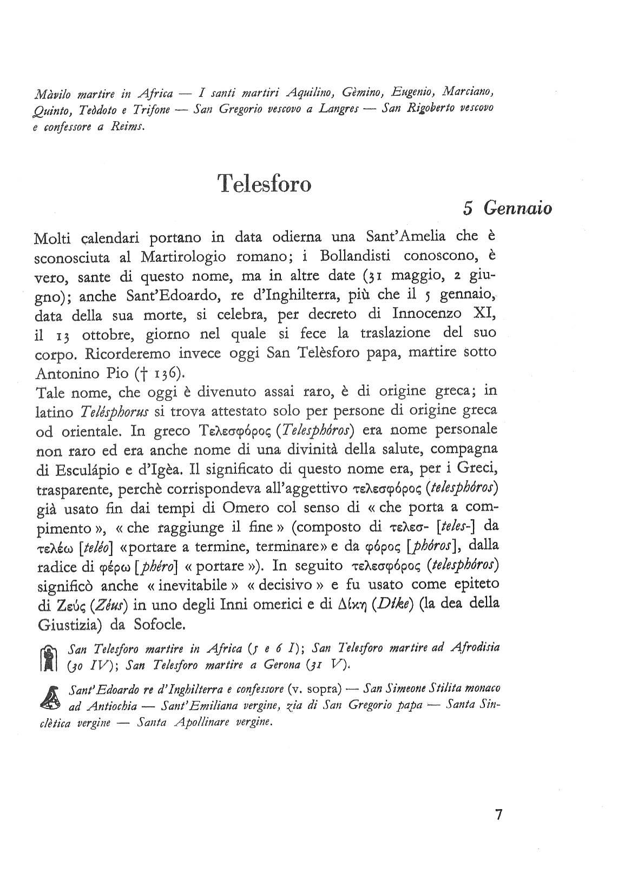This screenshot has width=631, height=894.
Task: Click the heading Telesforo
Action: point(264,184)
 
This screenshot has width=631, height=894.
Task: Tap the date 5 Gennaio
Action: point(507,208)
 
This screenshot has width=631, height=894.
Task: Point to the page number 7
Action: point(499,814)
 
